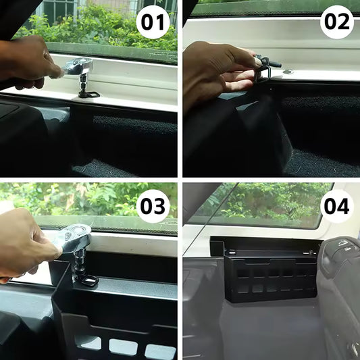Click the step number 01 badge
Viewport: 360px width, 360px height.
[153, 24]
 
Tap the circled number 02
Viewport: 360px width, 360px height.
[336, 22]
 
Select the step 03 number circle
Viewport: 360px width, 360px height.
[154, 205]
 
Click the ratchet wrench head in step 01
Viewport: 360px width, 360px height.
[79, 67]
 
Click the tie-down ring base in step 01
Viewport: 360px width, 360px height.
[88, 93]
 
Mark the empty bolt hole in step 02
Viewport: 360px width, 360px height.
[288, 71]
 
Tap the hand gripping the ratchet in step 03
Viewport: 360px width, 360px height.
[27, 247]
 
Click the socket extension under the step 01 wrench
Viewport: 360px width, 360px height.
[84, 81]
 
